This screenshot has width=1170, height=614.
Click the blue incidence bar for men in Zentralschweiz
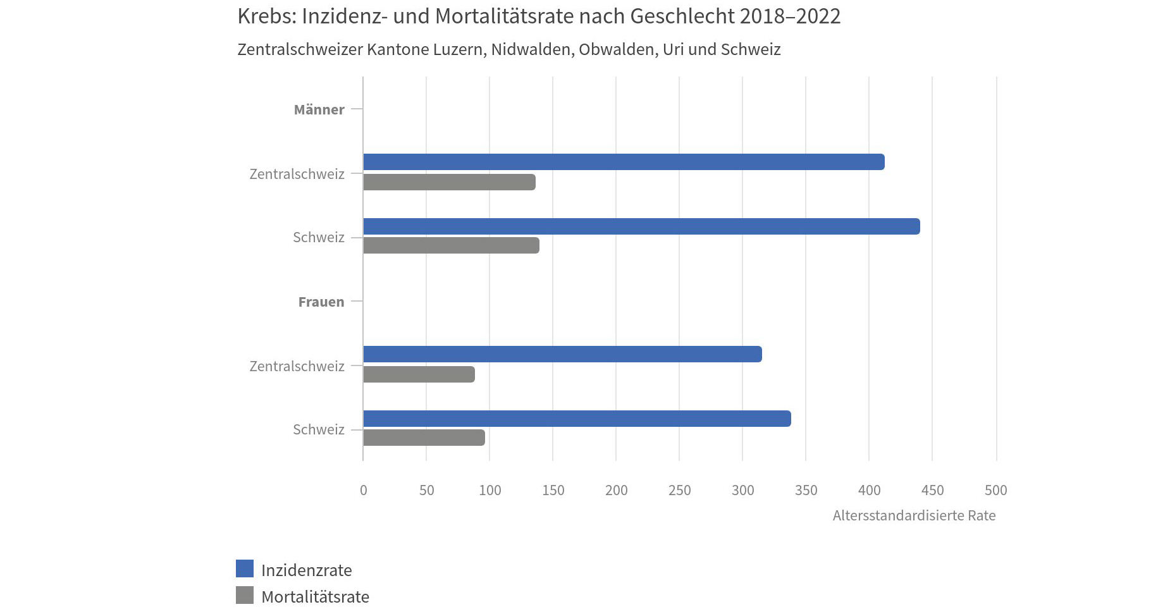click(x=624, y=162)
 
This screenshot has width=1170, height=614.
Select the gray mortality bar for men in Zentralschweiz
click(x=449, y=182)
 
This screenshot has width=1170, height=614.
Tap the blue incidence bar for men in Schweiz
click(x=641, y=226)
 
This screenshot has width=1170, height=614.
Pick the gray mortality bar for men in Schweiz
click(x=451, y=245)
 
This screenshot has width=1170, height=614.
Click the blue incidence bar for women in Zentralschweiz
click(x=562, y=354)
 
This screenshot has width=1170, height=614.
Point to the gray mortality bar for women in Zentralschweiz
click(x=419, y=374)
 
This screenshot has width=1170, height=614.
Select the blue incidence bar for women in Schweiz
click(x=577, y=419)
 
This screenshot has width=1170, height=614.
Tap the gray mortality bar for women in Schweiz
click(x=424, y=438)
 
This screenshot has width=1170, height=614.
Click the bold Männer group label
click(x=319, y=109)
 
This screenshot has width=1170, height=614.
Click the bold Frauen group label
click(x=321, y=302)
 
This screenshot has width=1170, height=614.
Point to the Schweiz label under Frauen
click(x=318, y=429)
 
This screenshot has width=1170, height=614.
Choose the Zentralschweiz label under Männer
click(x=297, y=174)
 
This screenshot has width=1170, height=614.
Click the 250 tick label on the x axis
click(x=679, y=490)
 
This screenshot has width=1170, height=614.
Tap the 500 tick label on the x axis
click(x=995, y=490)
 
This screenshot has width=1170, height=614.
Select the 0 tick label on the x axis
click(x=363, y=490)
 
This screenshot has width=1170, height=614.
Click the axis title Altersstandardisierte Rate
click(x=914, y=515)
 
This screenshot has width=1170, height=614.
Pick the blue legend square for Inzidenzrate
click(x=245, y=568)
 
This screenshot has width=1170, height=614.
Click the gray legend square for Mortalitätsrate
click(x=245, y=595)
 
